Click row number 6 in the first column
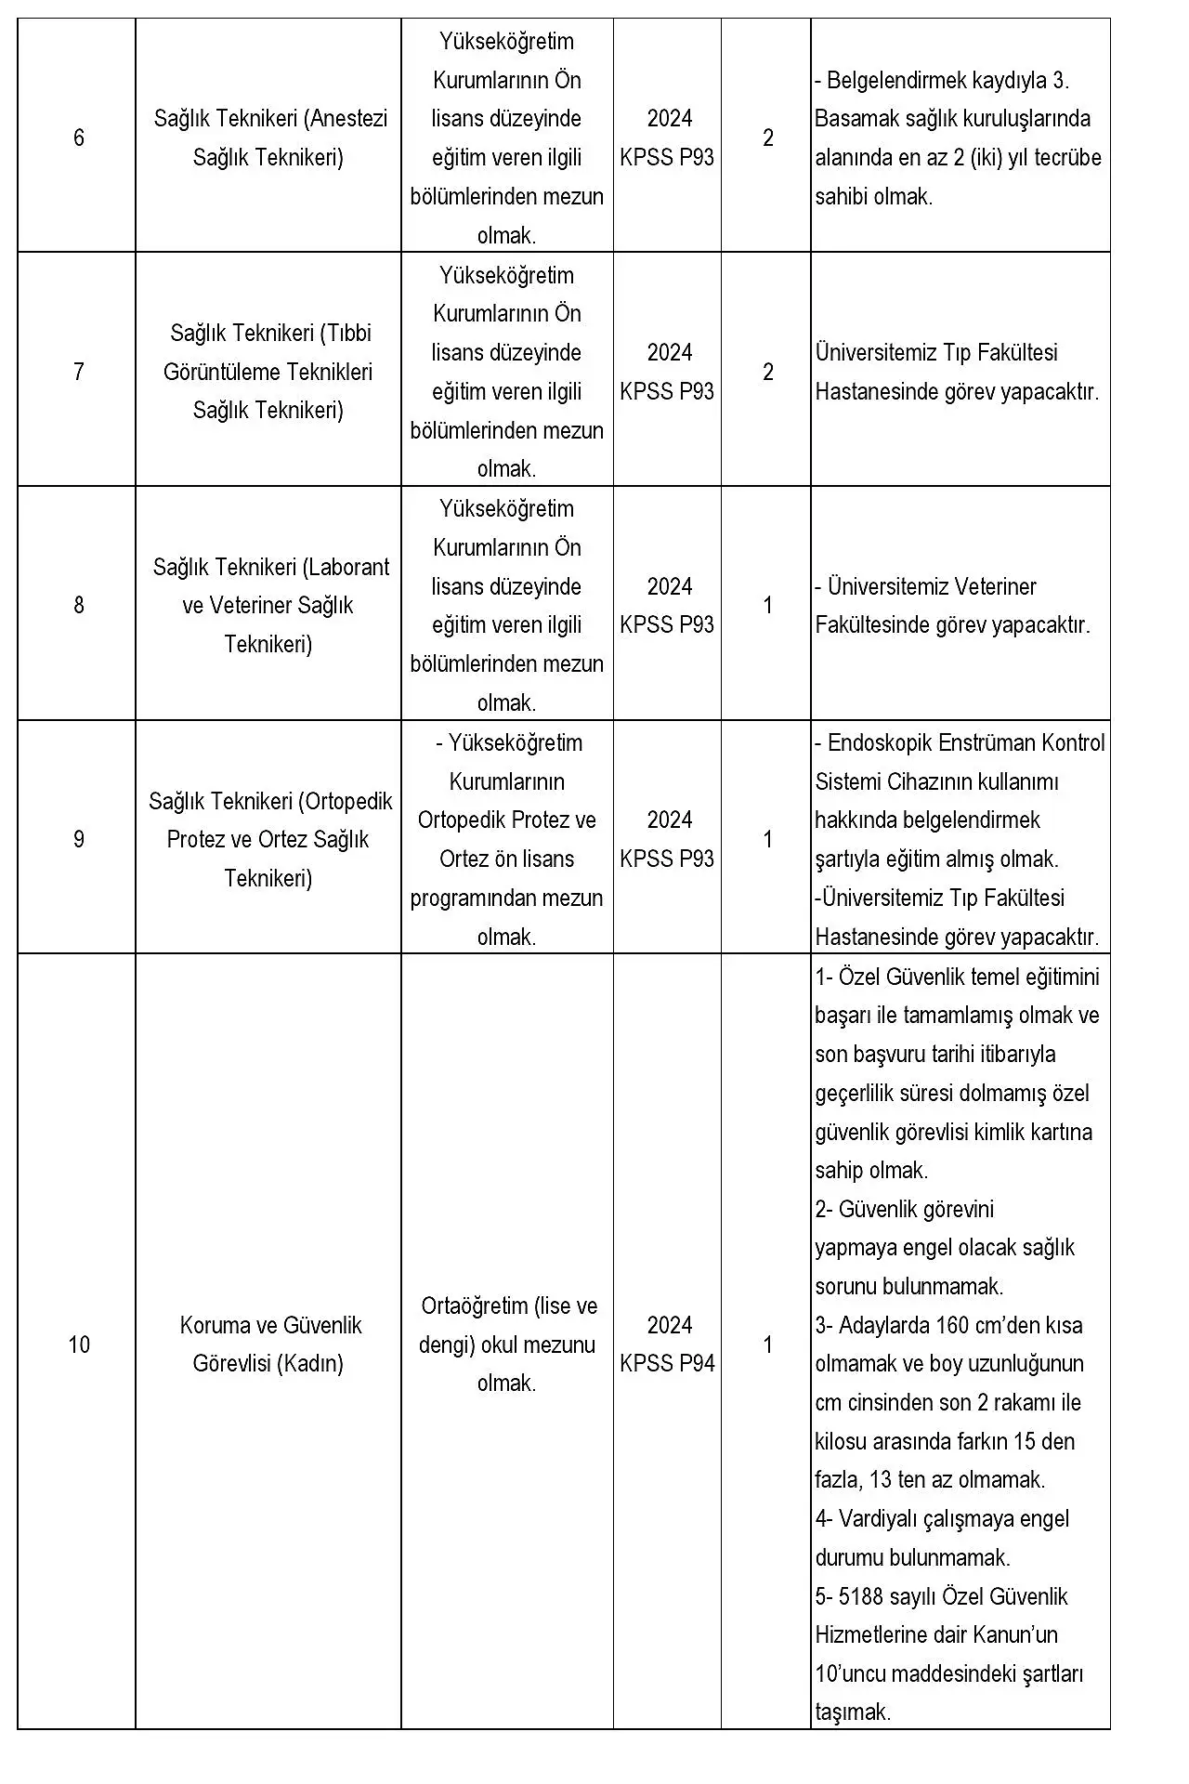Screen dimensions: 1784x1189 (x=79, y=138)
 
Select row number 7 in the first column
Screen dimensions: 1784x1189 (x=79, y=372)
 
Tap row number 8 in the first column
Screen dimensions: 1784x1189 (x=79, y=606)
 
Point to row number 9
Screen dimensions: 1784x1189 (x=79, y=840)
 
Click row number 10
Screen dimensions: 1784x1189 (x=79, y=1345)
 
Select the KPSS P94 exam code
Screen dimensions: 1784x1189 (x=668, y=1364)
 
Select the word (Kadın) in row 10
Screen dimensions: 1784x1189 (x=315, y=1364)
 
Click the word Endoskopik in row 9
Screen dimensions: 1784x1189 (x=880, y=743)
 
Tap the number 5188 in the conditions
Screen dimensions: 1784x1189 (x=864, y=1596)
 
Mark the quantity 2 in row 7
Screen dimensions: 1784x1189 (x=768, y=372)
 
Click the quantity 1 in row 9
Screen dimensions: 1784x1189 (x=768, y=840)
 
